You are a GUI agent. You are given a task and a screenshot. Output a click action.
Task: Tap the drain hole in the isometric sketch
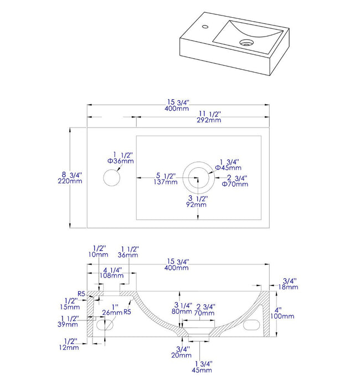pyautogui.click(x=244, y=42)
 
